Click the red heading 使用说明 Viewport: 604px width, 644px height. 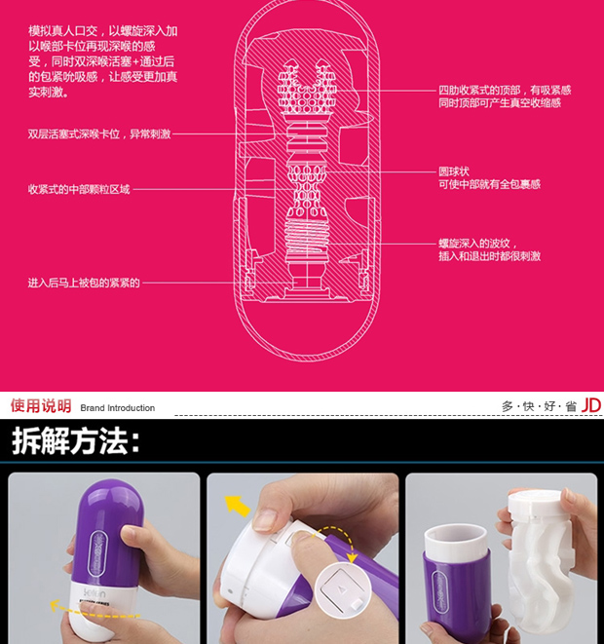(41, 405)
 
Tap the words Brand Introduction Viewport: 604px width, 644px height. (118, 408)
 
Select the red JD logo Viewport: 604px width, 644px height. (591, 405)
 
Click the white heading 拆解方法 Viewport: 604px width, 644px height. (76, 440)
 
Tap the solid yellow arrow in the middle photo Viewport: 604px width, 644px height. (238, 506)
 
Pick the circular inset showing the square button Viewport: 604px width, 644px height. (344, 590)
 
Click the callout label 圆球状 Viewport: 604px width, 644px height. (453, 171)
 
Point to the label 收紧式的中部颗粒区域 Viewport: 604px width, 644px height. (79, 189)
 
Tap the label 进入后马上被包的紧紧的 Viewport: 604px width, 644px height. (84, 283)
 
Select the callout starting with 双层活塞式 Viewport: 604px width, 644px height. (99, 133)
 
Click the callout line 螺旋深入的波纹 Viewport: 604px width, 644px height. (474, 244)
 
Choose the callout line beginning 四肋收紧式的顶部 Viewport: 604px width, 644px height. (505, 90)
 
